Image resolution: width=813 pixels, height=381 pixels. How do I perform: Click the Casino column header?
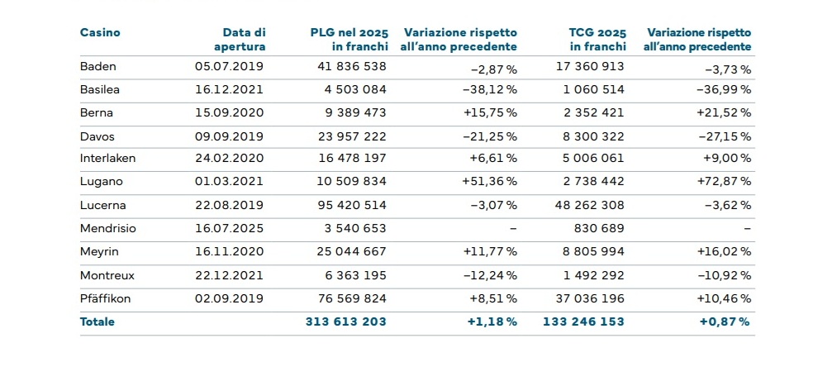pos(99,33)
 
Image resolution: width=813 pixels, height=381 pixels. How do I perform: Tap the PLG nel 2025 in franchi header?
pos(349,40)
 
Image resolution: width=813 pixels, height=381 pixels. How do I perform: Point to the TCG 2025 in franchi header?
pos(597,40)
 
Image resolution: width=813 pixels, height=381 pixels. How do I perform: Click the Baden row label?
pos(97,66)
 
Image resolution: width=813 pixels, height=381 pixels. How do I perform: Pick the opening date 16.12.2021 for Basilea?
pos(229,90)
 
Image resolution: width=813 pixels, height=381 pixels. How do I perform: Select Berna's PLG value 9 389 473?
pos(352,113)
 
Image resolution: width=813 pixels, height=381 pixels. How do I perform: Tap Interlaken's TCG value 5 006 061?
pos(594,158)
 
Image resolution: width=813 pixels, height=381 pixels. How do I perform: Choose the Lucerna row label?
pos(102,205)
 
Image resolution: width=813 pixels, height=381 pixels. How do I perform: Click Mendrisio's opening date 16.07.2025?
pos(229,229)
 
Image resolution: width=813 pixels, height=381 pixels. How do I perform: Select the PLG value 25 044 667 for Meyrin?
pos(352,252)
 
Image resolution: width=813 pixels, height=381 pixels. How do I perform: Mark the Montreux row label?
pos(107,276)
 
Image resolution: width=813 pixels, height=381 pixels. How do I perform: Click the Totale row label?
pos(97,321)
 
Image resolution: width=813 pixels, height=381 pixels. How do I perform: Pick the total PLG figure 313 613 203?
pos(346,321)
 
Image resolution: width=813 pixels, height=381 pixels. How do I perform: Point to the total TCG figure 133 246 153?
pos(584,321)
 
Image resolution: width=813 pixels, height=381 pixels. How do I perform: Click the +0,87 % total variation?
pos(725,321)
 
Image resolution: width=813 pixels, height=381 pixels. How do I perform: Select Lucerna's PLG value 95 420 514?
pos(352,205)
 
